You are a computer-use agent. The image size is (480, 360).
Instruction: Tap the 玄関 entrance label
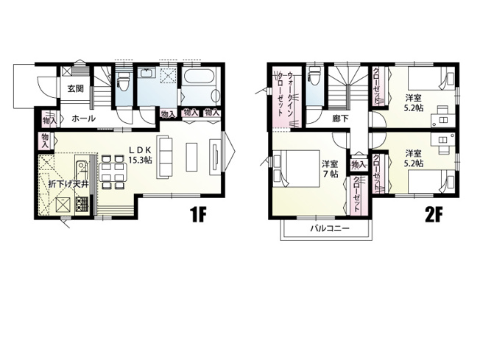74,89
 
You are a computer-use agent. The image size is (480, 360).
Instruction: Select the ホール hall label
82,118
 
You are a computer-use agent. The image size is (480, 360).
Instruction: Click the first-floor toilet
123,81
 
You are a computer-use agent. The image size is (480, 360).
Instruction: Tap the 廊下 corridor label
339,119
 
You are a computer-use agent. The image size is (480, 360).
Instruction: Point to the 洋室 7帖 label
329,169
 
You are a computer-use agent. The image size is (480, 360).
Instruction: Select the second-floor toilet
314,78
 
